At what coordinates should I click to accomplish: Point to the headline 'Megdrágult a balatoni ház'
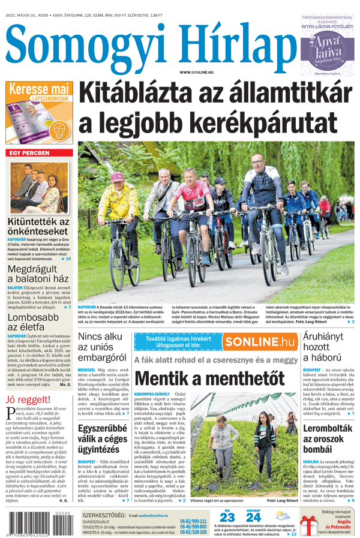coord(38,273)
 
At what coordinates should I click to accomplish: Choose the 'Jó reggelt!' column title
coord(28,399)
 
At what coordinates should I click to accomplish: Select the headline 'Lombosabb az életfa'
coord(34,322)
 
